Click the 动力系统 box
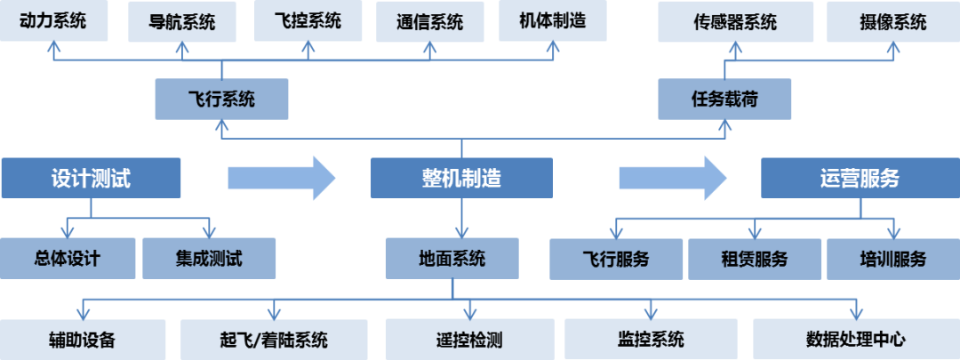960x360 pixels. tap(53, 20)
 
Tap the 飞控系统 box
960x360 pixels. tap(308, 20)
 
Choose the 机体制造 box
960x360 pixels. tap(552, 20)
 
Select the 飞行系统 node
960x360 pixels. tap(221, 99)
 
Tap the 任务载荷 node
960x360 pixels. tap(724, 99)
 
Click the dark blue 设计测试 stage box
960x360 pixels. tap(91, 178)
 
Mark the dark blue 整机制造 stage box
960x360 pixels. tap(460, 178)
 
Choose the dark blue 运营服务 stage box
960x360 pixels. tap(859, 178)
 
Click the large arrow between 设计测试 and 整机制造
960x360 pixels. tap(281, 178)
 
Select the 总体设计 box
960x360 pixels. tap(68, 259)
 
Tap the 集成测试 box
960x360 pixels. tap(209, 259)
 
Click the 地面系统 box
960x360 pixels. tap(452, 259)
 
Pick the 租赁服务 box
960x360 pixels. tap(754, 260)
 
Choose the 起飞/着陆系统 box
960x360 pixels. tap(274, 340)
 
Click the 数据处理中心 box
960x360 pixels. tap(856, 340)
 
